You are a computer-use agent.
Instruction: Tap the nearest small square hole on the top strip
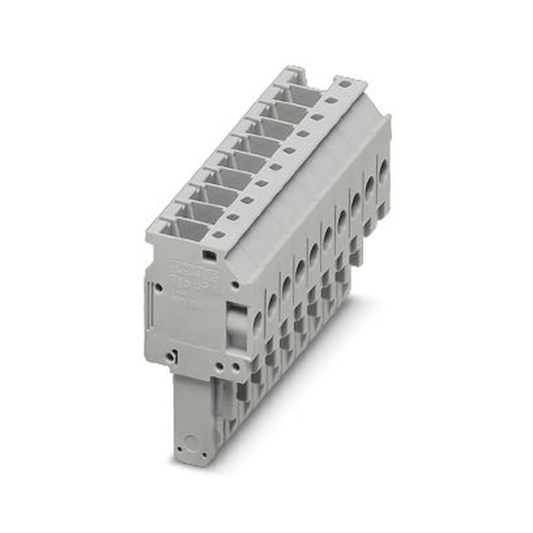(x=219, y=235)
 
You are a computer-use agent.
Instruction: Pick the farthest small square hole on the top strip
(x=345, y=84)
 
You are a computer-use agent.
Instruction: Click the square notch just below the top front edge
(x=210, y=256)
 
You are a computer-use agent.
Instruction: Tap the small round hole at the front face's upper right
(x=235, y=285)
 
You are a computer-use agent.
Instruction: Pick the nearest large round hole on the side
(x=257, y=324)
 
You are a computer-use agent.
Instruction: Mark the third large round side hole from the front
(x=286, y=288)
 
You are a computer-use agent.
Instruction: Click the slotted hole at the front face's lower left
(x=170, y=356)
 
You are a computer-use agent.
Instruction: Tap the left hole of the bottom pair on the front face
(x=220, y=366)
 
